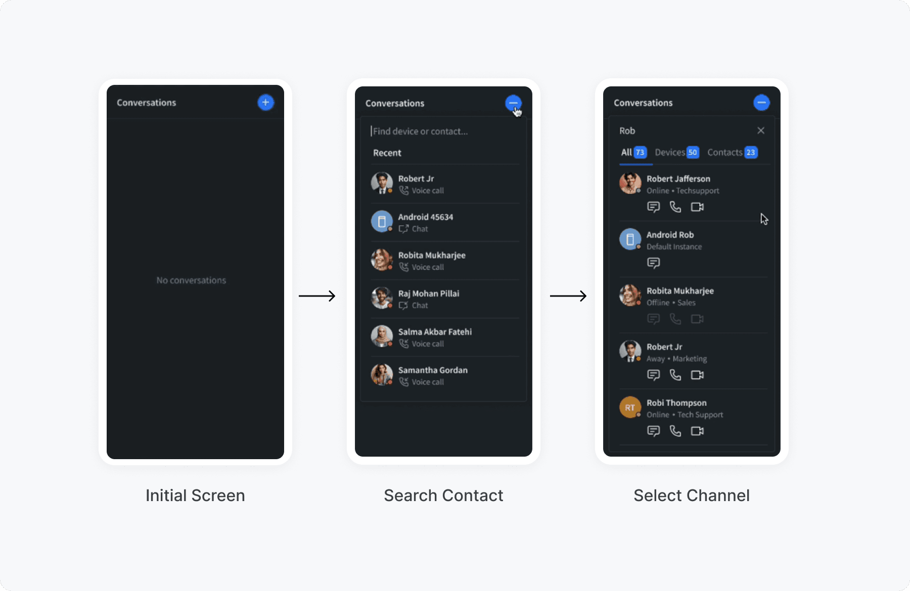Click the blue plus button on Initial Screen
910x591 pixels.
pyautogui.click(x=265, y=103)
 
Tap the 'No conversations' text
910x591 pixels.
pyautogui.click(x=191, y=280)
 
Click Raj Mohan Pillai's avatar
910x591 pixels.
pyautogui.click(x=382, y=298)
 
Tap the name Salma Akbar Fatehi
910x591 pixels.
pyautogui.click(x=435, y=332)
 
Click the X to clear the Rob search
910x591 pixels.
pyautogui.click(x=761, y=130)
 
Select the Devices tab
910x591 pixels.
pyautogui.click(x=670, y=153)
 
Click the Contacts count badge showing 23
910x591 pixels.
pyautogui.click(x=751, y=153)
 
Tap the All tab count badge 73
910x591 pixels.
pyautogui.click(x=640, y=153)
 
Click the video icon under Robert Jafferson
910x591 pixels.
pyautogui.click(x=697, y=207)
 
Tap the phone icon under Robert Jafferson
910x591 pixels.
pyautogui.click(x=675, y=207)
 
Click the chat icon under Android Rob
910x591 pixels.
pyautogui.click(x=654, y=263)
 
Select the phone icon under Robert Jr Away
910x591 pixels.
pyautogui.click(x=675, y=375)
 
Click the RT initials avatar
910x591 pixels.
pyautogui.click(x=630, y=408)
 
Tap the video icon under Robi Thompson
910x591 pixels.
pyautogui.click(x=697, y=431)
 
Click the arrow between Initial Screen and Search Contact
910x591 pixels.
pyautogui.click(x=317, y=296)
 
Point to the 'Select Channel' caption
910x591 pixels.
pyautogui.click(x=691, y=496)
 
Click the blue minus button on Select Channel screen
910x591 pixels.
pyautogui.click(x=761, y=103)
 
